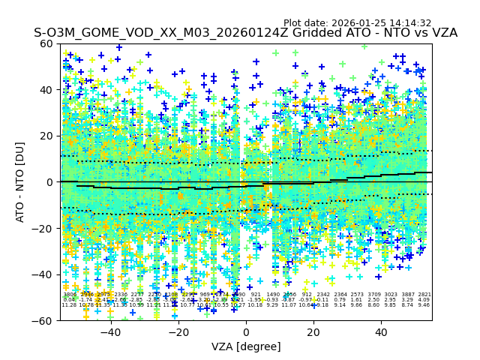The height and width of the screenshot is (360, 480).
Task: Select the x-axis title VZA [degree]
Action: point(246,346)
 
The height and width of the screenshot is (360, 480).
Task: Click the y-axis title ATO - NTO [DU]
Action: point(20,182)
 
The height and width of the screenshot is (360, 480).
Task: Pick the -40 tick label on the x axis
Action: point(110,332)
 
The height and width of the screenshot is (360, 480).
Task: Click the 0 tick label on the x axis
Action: point(246,332)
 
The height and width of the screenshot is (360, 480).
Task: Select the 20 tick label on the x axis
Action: point(313,332)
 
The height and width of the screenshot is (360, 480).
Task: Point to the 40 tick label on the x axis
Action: point(381,332)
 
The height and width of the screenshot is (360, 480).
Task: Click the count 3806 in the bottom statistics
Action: point(70,295)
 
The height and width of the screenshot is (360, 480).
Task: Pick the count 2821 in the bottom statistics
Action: point(424,295)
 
